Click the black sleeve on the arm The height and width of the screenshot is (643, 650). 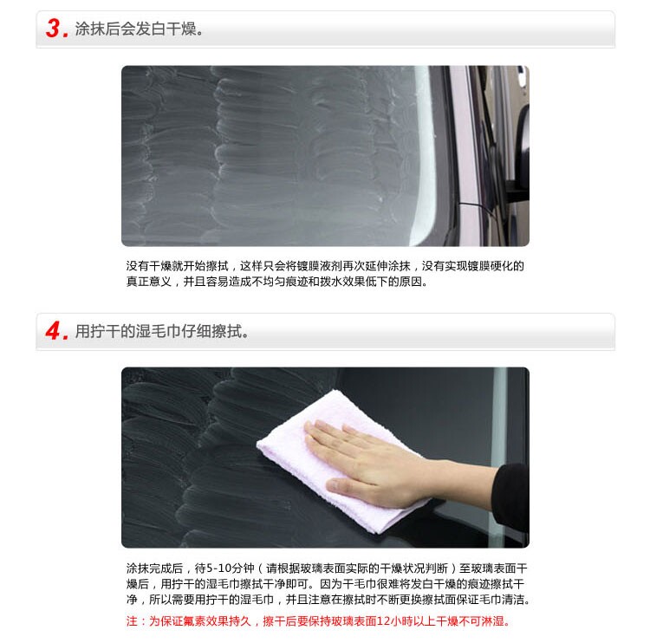click(510, 497)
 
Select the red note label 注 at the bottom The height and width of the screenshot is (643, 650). click(132, 621)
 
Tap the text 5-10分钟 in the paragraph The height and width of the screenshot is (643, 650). click(230, 568)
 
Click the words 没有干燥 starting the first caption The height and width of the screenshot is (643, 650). click(149, 266)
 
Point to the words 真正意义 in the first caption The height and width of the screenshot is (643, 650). click(149, 282)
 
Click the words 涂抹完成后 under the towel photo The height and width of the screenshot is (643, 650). click(154, 568)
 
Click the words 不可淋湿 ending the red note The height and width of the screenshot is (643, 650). click(481, 621)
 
